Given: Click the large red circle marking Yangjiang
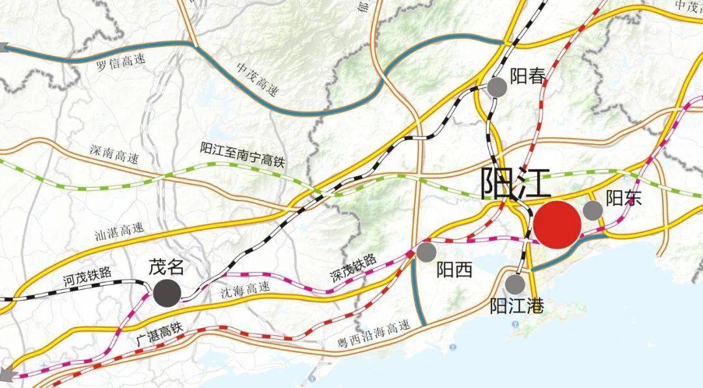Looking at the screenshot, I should (x=557, y=225).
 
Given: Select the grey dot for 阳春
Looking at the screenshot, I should (x=497, y=87).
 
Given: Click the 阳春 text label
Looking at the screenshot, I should (x=527, y=76).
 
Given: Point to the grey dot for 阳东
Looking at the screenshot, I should (x=592, y=210).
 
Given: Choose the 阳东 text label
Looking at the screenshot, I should (x=624, y=198).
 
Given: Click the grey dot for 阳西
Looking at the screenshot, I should (x=426, y=252).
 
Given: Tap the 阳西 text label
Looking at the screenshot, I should (x=454, y=269).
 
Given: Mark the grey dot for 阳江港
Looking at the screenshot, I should (x=514, y=283).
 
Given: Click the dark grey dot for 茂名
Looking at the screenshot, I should (x=167, y=292).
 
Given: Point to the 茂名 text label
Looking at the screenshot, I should (x=167, y=267).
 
